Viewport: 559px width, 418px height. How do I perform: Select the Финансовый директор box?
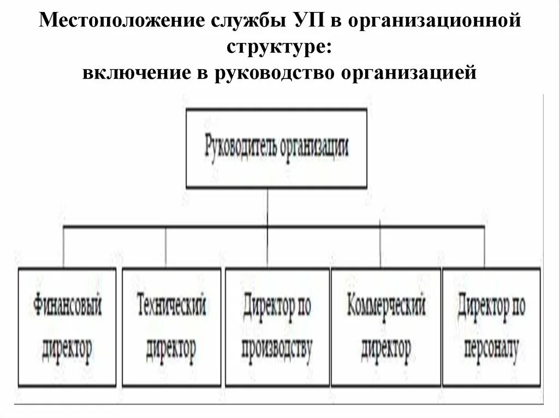click(68, 326)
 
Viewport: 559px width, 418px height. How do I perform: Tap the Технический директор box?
click(171, 326)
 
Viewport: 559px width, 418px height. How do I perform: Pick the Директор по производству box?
click(277, 326)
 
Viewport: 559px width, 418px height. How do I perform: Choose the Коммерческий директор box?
click(385, 326)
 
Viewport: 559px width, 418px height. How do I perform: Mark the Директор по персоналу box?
click(491, 326)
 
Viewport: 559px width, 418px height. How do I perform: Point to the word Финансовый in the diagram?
click(68, 307)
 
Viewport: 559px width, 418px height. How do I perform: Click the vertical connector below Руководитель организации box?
click(267, 207)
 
